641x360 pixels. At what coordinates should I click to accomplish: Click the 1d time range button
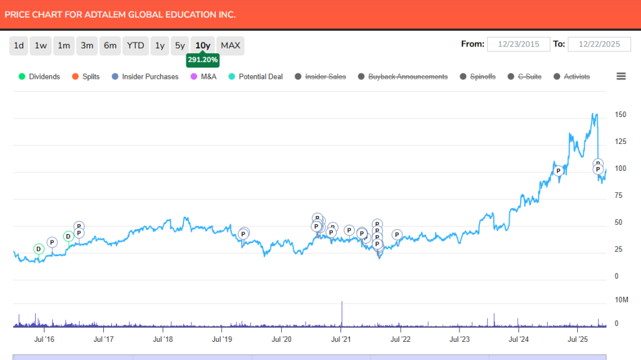click(x=19, y=46)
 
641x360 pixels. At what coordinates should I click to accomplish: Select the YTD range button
click(x=135, y=46)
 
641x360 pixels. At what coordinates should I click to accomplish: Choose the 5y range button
click(x=180, y=46)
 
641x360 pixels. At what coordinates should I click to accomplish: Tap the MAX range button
click(x=230, y=46)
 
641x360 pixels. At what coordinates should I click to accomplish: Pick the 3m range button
click(x=87, y=46)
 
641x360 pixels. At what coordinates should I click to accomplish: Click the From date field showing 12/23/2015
click(x=518, y=44)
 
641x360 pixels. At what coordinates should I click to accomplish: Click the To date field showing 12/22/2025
click(x=599, y=44)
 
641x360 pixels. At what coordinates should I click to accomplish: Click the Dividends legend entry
click(x=44, y=76)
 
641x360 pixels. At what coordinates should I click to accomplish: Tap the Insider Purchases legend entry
click(x=150, y=76)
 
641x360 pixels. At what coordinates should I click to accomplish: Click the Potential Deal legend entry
click(x=260, y=76)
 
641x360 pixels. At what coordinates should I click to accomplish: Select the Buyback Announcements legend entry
click(x=408, y=76)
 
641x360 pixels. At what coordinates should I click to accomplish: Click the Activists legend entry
click(x=576, y=76)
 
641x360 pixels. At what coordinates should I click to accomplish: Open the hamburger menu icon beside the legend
click(x=621, y=76)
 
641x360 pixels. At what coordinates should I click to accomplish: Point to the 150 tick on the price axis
click(x=621, y=115)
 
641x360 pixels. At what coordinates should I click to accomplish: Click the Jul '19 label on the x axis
click(x=222, y=339)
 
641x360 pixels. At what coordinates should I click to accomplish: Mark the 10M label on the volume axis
click(x=621, y=300)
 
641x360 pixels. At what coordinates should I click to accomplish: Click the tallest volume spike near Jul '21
click(x=342, y=313)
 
